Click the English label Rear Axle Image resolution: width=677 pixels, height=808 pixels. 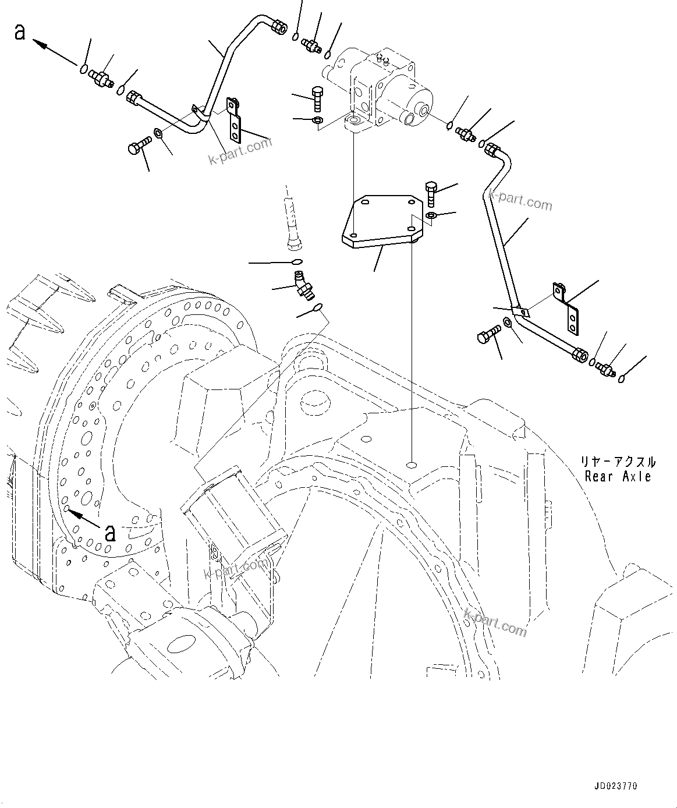(x=618, y=476)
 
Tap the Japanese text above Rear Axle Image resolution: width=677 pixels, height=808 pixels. (x=618, y=462)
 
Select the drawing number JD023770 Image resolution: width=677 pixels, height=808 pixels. (x=615, y=786)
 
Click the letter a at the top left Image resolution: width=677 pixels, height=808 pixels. (x=20, y=32)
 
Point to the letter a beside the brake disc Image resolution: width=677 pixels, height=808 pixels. (x=109, y=531)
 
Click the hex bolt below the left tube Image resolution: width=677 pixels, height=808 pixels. (x=137, y=146)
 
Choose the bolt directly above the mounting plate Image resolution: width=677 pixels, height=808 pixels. (x=430, y=193)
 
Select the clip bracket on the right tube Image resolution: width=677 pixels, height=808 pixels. (x=568, y=309)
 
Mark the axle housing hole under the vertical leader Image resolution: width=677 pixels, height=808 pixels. (x=412, y=449)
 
